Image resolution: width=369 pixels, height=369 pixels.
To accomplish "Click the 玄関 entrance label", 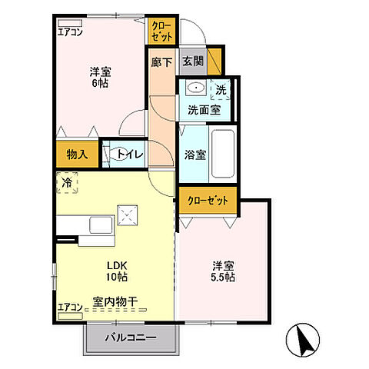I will [x=191, y=61].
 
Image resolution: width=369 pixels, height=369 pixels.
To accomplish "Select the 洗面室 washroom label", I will [x=204, y=110].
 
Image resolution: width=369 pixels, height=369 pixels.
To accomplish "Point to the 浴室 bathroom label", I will [x=194, y=155].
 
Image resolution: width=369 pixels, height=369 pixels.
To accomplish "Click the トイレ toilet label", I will [x=129, y=155].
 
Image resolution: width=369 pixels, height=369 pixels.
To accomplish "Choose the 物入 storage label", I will [x=77, y=154].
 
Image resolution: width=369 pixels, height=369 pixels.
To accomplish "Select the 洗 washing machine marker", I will [x=221, y=90].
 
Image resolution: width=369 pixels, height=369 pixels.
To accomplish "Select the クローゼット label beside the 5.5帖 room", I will [x=208, y=200].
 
